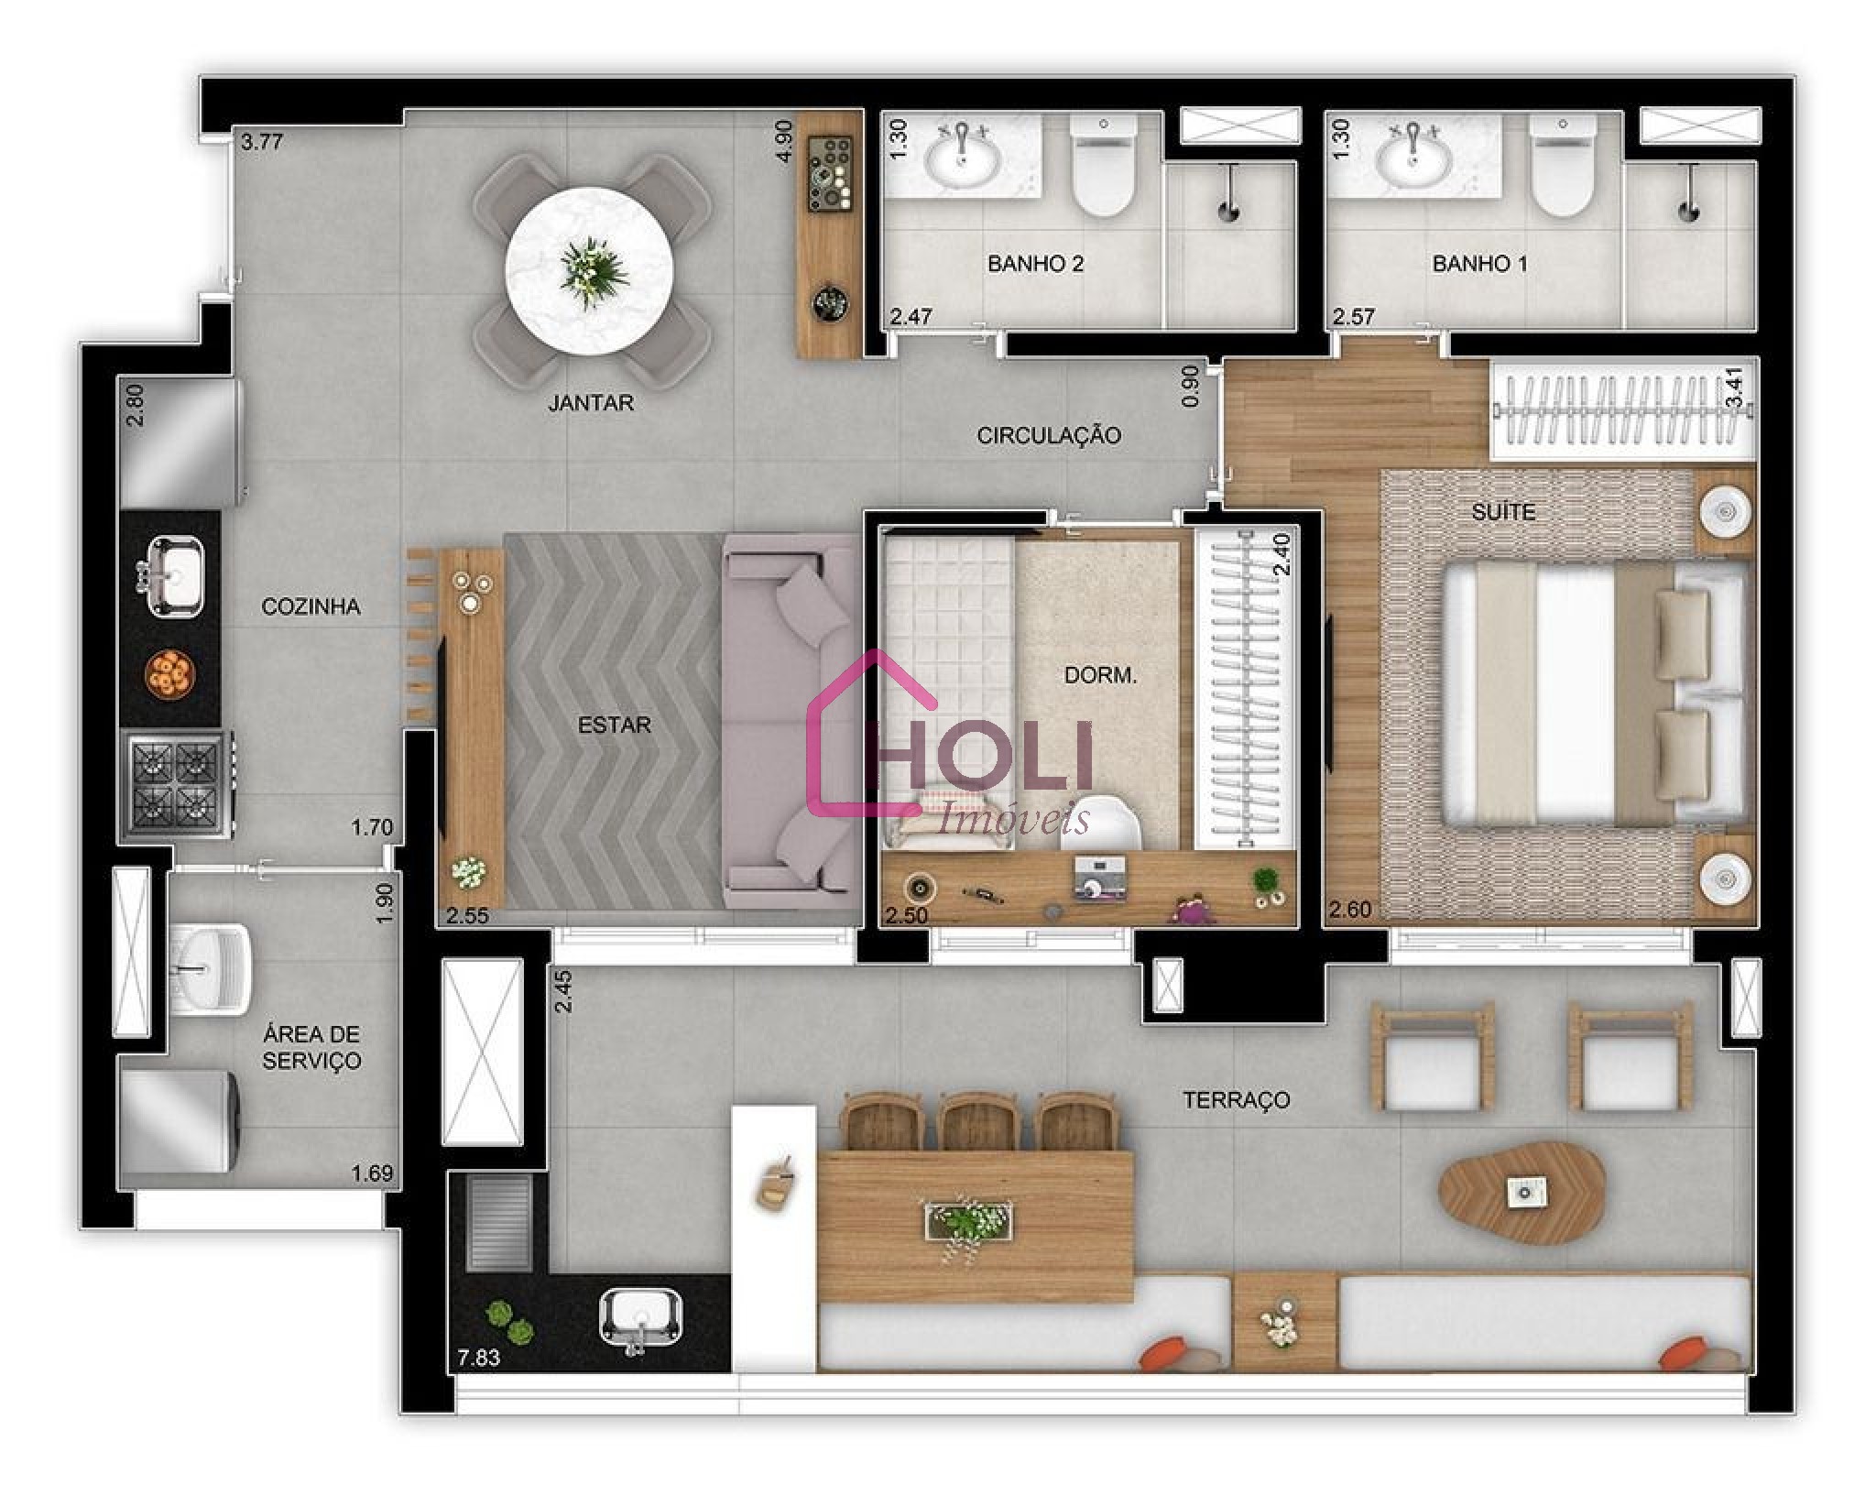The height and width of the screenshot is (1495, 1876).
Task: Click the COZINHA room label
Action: [x=311, y=606]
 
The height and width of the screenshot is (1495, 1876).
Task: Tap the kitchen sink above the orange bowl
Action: [x=173, y=576]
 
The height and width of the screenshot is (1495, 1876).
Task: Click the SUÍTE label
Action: [x=1502, y=512]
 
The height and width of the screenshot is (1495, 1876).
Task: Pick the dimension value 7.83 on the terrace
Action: [x=478, y=1358]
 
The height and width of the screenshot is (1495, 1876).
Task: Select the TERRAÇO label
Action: [x=1236, y=1099]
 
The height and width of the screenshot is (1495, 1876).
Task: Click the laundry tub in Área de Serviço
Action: [x=209, y=968]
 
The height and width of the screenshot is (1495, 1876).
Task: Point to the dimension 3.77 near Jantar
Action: [x=261, y=142]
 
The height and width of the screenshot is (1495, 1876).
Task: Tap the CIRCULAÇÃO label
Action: [x=1048, y=436]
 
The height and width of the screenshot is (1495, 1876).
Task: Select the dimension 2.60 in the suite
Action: [x=1350, y=910]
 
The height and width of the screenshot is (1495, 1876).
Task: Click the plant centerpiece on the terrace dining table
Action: [x=969, y=1221]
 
